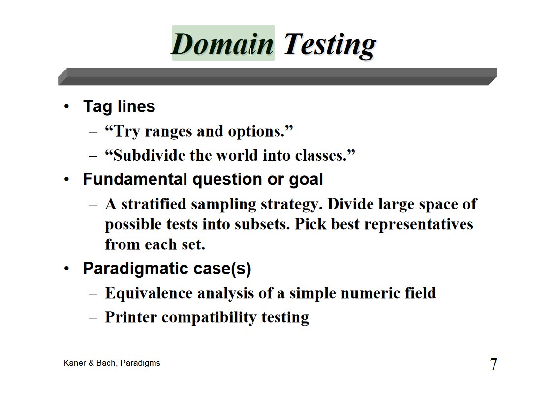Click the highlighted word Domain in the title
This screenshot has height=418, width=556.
223,43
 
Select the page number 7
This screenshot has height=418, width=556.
493,364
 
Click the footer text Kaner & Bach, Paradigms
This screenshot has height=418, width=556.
112,363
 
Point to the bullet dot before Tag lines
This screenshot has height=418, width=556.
66,106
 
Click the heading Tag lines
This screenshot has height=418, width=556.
119,106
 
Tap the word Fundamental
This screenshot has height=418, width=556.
135,179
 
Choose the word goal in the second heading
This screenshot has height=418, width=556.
306,180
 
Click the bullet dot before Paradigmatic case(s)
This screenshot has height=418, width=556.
66,269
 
